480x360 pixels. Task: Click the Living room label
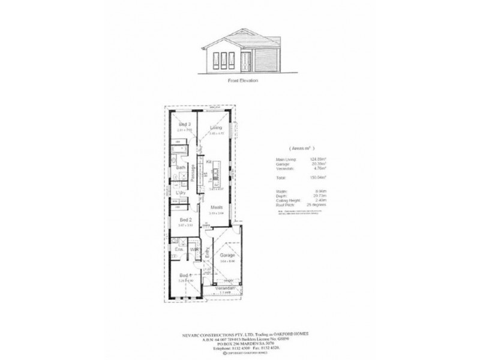(216, 128)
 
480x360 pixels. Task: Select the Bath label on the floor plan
(179, 167)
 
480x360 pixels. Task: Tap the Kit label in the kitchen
(209, 161)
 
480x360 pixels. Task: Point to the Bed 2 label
(185, 220)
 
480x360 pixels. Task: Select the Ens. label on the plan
(178, 249)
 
